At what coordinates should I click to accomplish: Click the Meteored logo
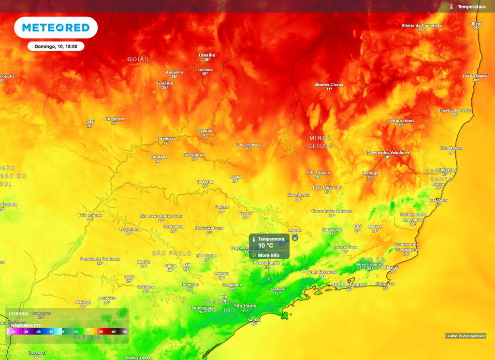56,28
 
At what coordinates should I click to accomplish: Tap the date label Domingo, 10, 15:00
56,46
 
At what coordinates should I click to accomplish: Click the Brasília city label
206,55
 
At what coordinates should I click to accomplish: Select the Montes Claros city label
329,85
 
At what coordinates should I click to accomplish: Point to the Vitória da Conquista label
422,25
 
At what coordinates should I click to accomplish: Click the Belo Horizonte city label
327,187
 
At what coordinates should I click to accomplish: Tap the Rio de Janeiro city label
349,285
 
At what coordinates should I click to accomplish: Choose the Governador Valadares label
388,152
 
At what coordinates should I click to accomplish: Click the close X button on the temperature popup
295,238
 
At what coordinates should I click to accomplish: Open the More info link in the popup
268,255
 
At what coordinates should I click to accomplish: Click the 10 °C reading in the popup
265,245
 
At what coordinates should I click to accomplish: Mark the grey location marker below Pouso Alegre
269,278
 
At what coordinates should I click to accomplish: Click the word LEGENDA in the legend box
18,313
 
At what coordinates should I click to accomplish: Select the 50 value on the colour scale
125,332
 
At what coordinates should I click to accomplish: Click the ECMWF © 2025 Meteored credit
465,336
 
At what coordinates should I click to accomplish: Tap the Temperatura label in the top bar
471,7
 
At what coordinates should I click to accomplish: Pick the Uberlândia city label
195,155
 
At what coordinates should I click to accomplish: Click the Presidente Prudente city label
100,259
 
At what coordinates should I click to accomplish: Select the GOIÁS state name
138,59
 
